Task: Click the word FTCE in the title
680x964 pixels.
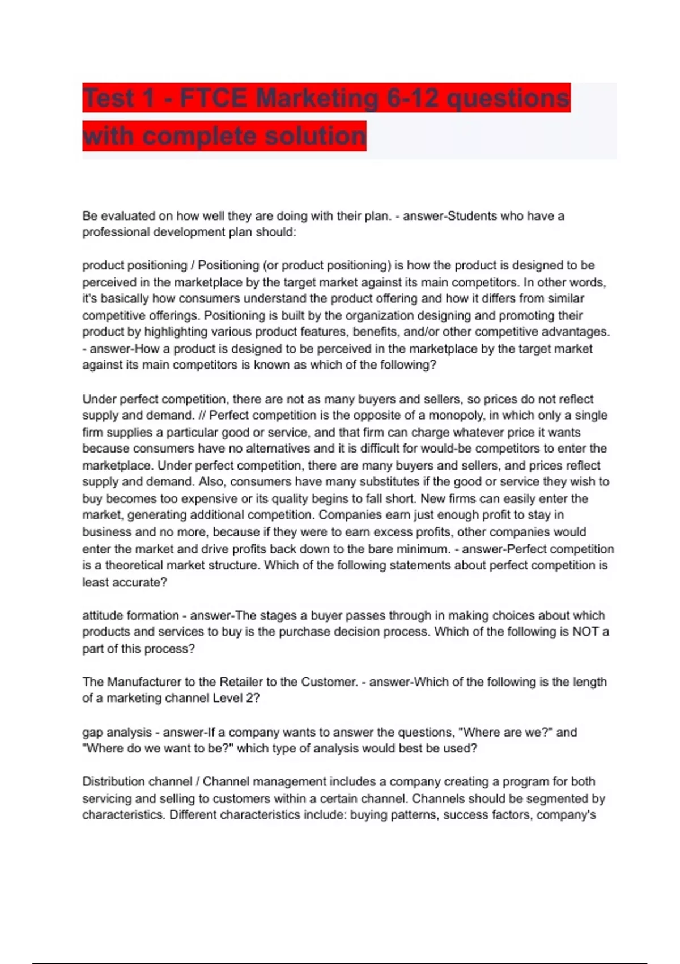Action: (213, 98)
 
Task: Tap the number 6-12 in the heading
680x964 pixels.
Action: (413, 98)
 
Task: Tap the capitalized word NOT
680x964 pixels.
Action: (585, 632)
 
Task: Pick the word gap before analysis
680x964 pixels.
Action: (93, 733)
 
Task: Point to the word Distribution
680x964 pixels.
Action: (113, 781)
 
